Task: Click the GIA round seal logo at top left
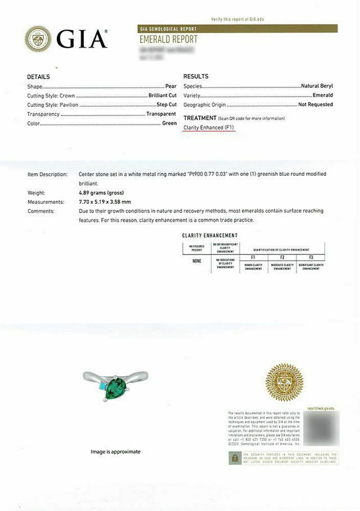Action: (38, 38)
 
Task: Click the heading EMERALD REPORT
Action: (168, 40)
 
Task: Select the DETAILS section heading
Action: (38, 77)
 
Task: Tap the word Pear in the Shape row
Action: (171, 86)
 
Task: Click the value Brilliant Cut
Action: (162, 96)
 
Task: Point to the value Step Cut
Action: (166, 105)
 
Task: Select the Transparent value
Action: (161, 114)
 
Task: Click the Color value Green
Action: (169, 123)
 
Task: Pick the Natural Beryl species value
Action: (317, 86)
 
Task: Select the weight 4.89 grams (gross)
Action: (101, 193)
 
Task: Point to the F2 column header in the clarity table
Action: (282, 258)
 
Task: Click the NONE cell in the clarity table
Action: (197, 261)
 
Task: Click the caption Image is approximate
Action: (115, 452)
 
